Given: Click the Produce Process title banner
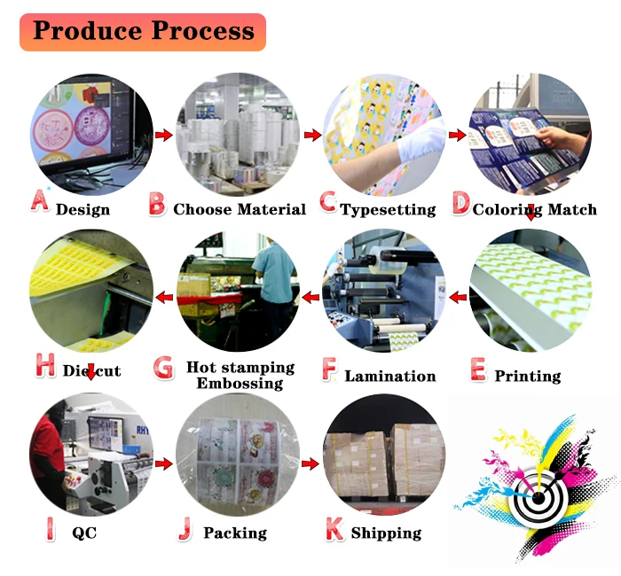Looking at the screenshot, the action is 143,32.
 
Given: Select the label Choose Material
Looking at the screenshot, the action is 240,210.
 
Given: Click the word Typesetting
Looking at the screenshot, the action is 389,210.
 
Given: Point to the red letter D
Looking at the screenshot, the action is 460,204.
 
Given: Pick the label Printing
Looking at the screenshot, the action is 527,376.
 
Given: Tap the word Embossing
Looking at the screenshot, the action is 240,383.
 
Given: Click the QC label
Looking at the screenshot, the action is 84,533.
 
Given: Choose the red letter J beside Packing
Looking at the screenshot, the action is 185,529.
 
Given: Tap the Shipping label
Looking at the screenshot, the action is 386,533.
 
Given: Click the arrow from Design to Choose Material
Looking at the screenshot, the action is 163,135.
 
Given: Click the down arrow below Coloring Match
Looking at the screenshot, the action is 530,212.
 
